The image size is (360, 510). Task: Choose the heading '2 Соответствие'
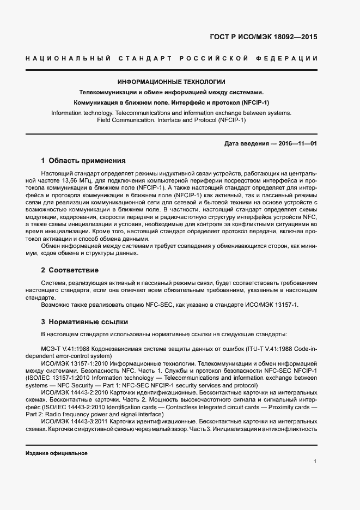coord(70,270)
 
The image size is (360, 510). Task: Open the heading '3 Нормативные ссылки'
coord(84,321)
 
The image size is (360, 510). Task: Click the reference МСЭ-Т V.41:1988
coord(67,348)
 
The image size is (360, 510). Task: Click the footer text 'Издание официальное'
coord(57,453)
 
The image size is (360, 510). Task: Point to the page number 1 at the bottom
coord(315,462)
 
